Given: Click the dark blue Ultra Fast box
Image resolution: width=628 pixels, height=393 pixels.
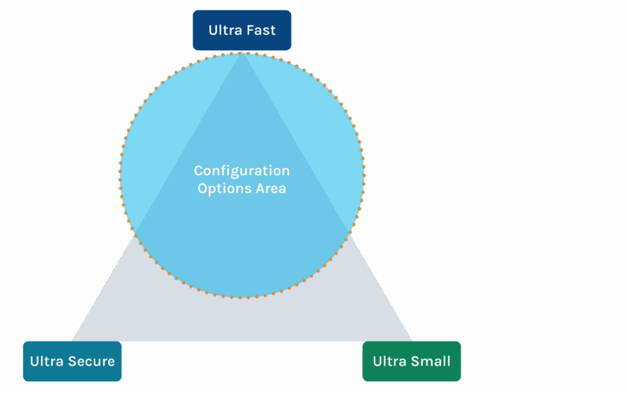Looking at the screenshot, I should click(241, 30).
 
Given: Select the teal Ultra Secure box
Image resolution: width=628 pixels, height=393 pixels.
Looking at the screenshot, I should click(72, 361).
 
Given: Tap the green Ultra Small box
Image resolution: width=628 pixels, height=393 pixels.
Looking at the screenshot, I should click(412, 361).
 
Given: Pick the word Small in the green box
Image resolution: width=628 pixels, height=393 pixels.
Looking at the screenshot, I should click(431, 361).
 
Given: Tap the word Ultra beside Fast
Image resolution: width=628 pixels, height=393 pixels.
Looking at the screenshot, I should click(223, 30).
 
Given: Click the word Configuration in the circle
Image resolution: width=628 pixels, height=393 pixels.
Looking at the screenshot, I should click(241, 171).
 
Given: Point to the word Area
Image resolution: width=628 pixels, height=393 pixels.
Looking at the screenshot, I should click(269, 188).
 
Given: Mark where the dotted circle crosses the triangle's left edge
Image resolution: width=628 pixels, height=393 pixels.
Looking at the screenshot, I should click(135, 232).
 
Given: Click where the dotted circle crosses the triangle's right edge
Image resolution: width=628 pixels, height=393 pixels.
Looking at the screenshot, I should click(348, 231).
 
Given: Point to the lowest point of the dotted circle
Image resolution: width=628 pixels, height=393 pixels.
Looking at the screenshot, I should click(241, 298).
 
